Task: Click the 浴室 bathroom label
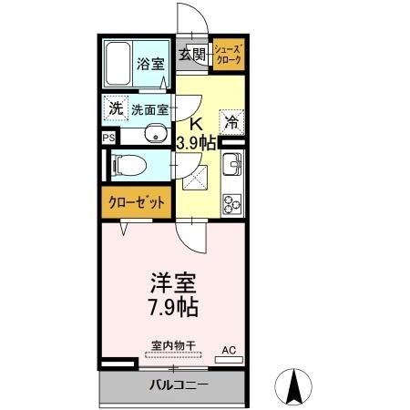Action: tap(149, 65)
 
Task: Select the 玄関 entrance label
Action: tap(192, 55)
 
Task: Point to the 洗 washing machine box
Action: tap(116, 108)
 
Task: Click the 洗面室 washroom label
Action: tap(149, 109)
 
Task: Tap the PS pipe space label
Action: tap(108, 138)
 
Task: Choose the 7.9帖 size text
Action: tap(173, 307)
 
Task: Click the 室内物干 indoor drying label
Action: tap(173, 345)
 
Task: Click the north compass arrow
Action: tap(294, 386)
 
